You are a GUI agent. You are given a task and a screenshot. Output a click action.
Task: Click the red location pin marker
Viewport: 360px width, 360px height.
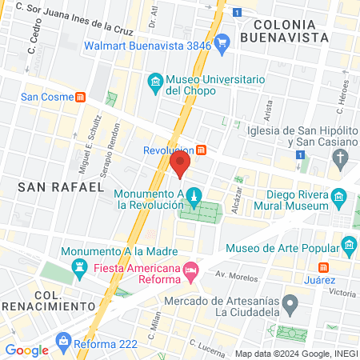(180, 164)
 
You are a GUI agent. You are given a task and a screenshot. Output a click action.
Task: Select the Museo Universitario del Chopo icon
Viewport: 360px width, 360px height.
(154, 81)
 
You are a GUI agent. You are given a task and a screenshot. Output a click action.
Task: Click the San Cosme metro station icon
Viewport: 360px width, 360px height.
(81, 98)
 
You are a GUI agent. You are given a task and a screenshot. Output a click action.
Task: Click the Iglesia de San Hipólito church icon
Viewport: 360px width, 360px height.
(342, 157)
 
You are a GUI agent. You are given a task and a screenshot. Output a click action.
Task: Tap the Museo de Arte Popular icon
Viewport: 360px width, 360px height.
(348, 244)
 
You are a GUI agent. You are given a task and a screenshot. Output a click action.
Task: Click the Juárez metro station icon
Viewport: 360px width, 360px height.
(324, 266)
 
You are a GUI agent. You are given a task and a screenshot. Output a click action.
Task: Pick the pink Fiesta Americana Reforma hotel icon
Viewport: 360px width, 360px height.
(190, 270)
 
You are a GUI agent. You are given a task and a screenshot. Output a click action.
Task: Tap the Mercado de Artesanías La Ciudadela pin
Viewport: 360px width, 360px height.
(291, 303)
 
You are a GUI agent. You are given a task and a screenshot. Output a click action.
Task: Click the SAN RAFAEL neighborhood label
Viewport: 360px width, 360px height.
(61, 187)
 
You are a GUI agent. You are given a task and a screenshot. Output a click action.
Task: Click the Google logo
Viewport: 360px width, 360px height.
(26, 350)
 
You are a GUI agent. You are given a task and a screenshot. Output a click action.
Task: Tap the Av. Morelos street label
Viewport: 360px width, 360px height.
(232, 275)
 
